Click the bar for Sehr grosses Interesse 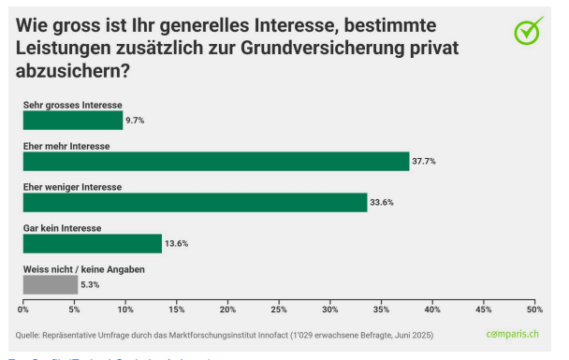(72, 120)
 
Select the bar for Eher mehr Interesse (216, 161)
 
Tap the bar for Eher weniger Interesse (195, 202)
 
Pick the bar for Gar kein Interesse (93, 243)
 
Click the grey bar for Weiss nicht (51, 284)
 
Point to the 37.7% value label (424, 162)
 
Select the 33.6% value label (382, 203)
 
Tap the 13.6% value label (176, 244)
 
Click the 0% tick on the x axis (23, 309)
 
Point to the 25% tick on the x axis (279, 309)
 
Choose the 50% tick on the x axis (534, 309)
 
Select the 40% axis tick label (432, 309)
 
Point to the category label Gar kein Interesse (62, 228)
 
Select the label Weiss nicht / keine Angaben (83, 269)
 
